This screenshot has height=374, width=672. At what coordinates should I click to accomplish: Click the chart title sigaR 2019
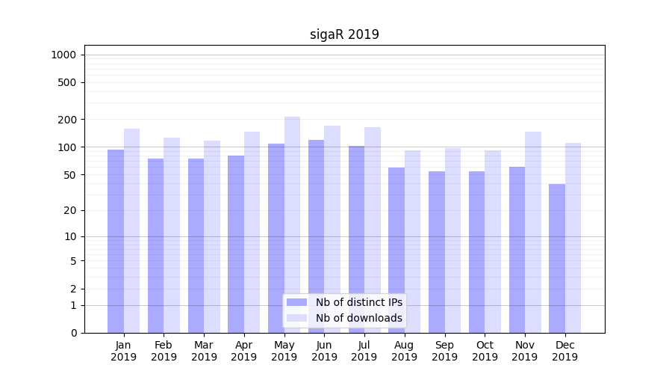pos(344,34)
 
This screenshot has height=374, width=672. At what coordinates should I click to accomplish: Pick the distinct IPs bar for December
pos(557,258)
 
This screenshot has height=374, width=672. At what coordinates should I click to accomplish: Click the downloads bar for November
pos(533,232)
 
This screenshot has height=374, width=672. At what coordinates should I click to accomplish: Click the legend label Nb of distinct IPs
pos(358,302)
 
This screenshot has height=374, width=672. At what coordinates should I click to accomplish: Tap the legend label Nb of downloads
pos(358,318)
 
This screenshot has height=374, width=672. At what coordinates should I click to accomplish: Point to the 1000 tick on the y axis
pos(63,55)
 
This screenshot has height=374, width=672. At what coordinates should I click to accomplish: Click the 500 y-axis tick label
pos(68,82)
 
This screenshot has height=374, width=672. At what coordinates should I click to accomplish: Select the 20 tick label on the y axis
pos(70,210)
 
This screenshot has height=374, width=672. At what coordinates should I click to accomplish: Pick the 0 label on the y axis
pos(73,333)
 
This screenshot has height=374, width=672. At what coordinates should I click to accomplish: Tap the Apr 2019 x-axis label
pos(244,351)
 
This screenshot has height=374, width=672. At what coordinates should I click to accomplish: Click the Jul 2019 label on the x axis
pos(364,351)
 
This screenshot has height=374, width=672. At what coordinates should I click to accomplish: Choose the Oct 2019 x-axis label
pos(485,351)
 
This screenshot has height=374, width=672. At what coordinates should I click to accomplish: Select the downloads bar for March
pos(212,236)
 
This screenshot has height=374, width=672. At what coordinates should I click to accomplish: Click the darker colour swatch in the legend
pos(296,302)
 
